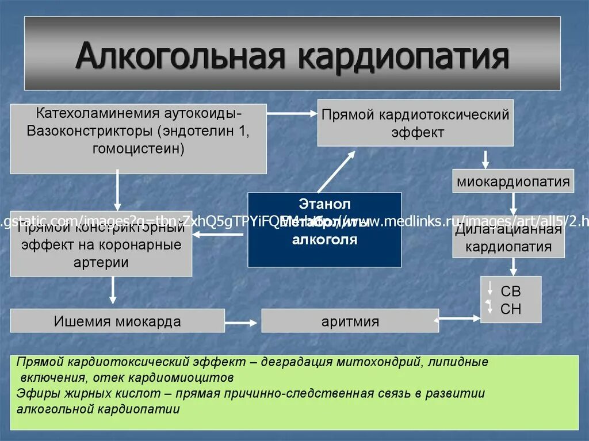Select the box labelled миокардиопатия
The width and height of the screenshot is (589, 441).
coord(513,182)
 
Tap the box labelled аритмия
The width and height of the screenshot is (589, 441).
coord(350,321)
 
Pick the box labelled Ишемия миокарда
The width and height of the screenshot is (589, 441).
coord(117,321)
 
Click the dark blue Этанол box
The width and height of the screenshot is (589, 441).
coord(324,229)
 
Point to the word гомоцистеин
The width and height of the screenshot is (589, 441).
coord(138,149)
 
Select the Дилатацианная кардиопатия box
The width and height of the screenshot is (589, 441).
coord(508,238)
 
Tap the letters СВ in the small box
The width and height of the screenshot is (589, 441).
coord(510,292)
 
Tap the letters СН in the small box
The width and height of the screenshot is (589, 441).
coord(510,309)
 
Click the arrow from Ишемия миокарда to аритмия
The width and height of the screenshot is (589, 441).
coord(242,322)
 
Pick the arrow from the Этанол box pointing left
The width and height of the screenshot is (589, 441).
coord(219,234)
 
